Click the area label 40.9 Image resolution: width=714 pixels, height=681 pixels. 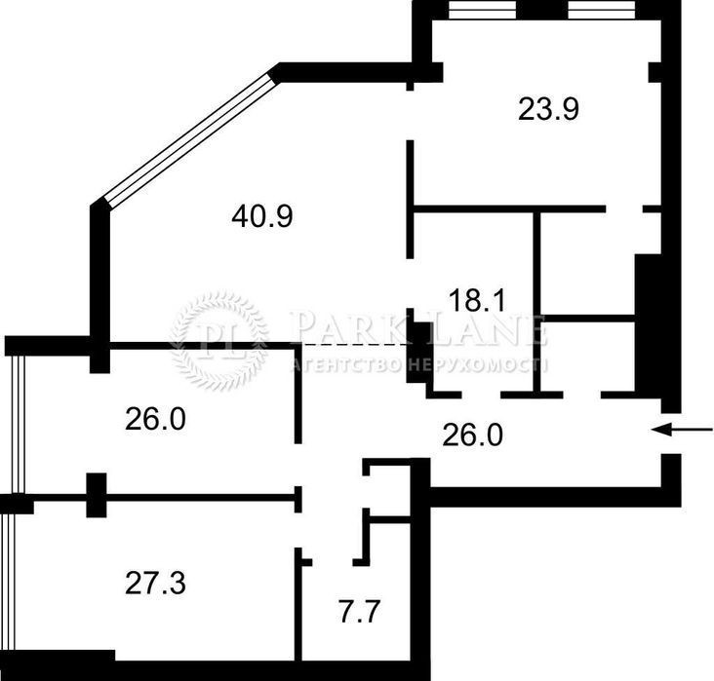tap(262, 216)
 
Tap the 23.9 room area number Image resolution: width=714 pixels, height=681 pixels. tap(548, 110)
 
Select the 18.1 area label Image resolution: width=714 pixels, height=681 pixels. tap(477, 301)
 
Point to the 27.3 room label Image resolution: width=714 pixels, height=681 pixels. tap(155, 584)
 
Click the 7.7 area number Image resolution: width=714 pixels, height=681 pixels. tap(359, 612)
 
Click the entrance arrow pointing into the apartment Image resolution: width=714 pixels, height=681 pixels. tap(682, 429)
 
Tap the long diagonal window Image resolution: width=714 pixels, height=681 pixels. tap(191, 140)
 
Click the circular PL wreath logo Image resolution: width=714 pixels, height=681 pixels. tap(219, 340)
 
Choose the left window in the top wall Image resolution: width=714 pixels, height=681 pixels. tap(482, 10)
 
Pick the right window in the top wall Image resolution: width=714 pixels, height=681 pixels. tap(602, 10)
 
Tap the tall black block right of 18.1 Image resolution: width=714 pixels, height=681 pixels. tap(648, 322)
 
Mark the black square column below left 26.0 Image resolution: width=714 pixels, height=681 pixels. tap(97, 495)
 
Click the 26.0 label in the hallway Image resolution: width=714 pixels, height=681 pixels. tap(473, 435)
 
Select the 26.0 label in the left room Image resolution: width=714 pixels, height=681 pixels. tap(155, 419)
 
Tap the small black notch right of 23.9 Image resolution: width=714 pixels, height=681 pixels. tap(654, 73)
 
